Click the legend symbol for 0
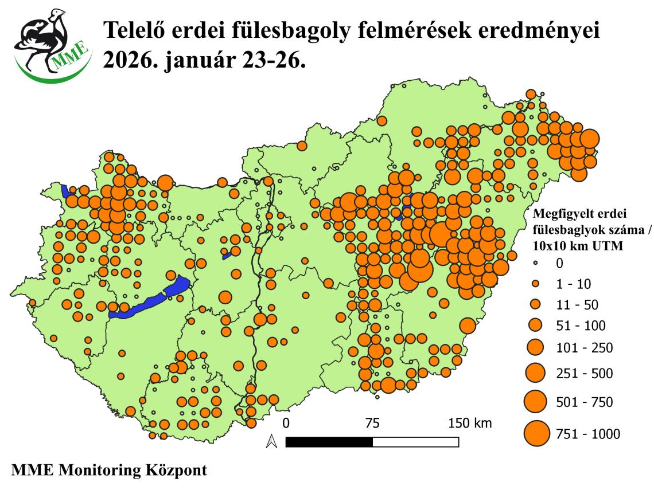tap(536, 263)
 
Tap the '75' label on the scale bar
tap(372, 424)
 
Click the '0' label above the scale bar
tap(286, 424)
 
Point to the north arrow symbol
tap(272, 441)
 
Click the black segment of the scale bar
tap(329, 442)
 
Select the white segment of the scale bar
tap(415, 442)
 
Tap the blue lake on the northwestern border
tap(65, 191)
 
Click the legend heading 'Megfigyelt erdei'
tap(579, 214)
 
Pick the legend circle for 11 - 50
tap(536, 304)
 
